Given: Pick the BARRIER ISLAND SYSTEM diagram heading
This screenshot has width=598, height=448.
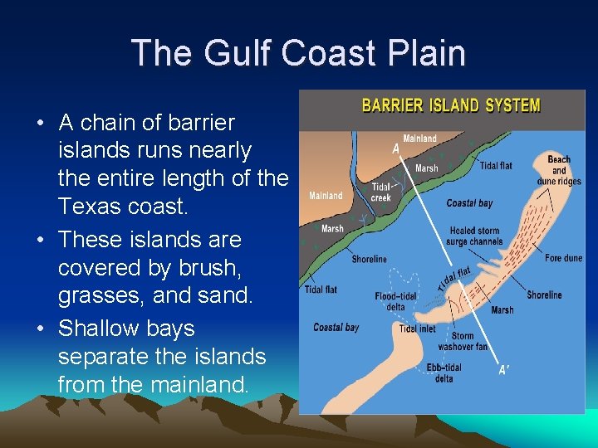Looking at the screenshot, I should pos(450,106).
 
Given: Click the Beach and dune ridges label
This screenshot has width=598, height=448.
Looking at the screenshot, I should pos(559,170).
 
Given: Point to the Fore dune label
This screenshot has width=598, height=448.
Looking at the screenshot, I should pos(564,259).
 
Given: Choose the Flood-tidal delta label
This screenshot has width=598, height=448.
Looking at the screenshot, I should pos(396,300).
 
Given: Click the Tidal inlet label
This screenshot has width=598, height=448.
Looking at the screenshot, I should pos(417,329).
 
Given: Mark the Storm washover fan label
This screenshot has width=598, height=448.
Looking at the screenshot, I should pos(468,341).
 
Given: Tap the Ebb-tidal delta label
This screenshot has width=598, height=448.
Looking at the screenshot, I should pos(444,373).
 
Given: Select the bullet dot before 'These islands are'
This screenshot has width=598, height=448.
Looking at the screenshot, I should pos(40,241).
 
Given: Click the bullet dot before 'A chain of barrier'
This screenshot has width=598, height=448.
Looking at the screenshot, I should pos(40,124).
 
